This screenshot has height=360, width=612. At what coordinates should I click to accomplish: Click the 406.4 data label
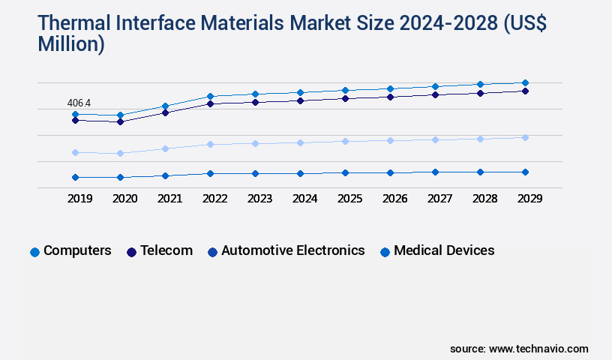point(79,103)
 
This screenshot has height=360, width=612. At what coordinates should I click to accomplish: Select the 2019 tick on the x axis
point(79,199)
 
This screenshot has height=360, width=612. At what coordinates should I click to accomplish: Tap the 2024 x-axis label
point(304,199)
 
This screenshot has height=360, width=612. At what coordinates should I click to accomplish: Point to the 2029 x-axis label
point(529,199)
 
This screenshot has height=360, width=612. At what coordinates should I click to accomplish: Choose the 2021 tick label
point(169,199)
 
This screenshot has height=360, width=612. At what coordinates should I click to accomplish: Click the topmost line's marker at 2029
point(525,82)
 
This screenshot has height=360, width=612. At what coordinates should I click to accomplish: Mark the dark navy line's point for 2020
point(120,121)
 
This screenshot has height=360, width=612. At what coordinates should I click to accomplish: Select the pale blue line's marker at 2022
point(210,144)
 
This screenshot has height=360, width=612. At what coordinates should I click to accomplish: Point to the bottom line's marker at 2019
point(75,177)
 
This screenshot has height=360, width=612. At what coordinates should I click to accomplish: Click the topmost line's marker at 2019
point(75,114)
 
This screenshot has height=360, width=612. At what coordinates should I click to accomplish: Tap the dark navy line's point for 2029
point(525,91)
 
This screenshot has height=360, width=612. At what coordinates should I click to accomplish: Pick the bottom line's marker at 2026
point(390,172)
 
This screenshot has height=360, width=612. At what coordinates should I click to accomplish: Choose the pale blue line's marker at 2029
point(525,137)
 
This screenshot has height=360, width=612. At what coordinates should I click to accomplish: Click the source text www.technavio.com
point(538,349)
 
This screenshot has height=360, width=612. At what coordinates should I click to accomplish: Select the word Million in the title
point(71,44)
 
